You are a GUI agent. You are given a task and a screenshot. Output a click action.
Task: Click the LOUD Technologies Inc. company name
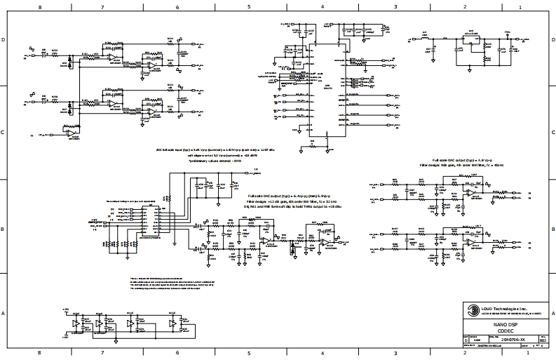click(x=506, y=307)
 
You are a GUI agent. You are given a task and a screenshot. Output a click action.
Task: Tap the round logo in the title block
click(x=469, y=309)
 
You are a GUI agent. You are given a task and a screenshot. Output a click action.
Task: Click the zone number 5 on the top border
click(x=249, y=6)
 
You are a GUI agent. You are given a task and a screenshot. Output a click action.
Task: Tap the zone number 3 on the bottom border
click(x=395, y=354)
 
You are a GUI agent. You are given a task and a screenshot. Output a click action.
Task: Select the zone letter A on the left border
click(x=4, y=313)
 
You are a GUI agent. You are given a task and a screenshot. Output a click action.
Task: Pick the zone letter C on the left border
click(x=4, y=132)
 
